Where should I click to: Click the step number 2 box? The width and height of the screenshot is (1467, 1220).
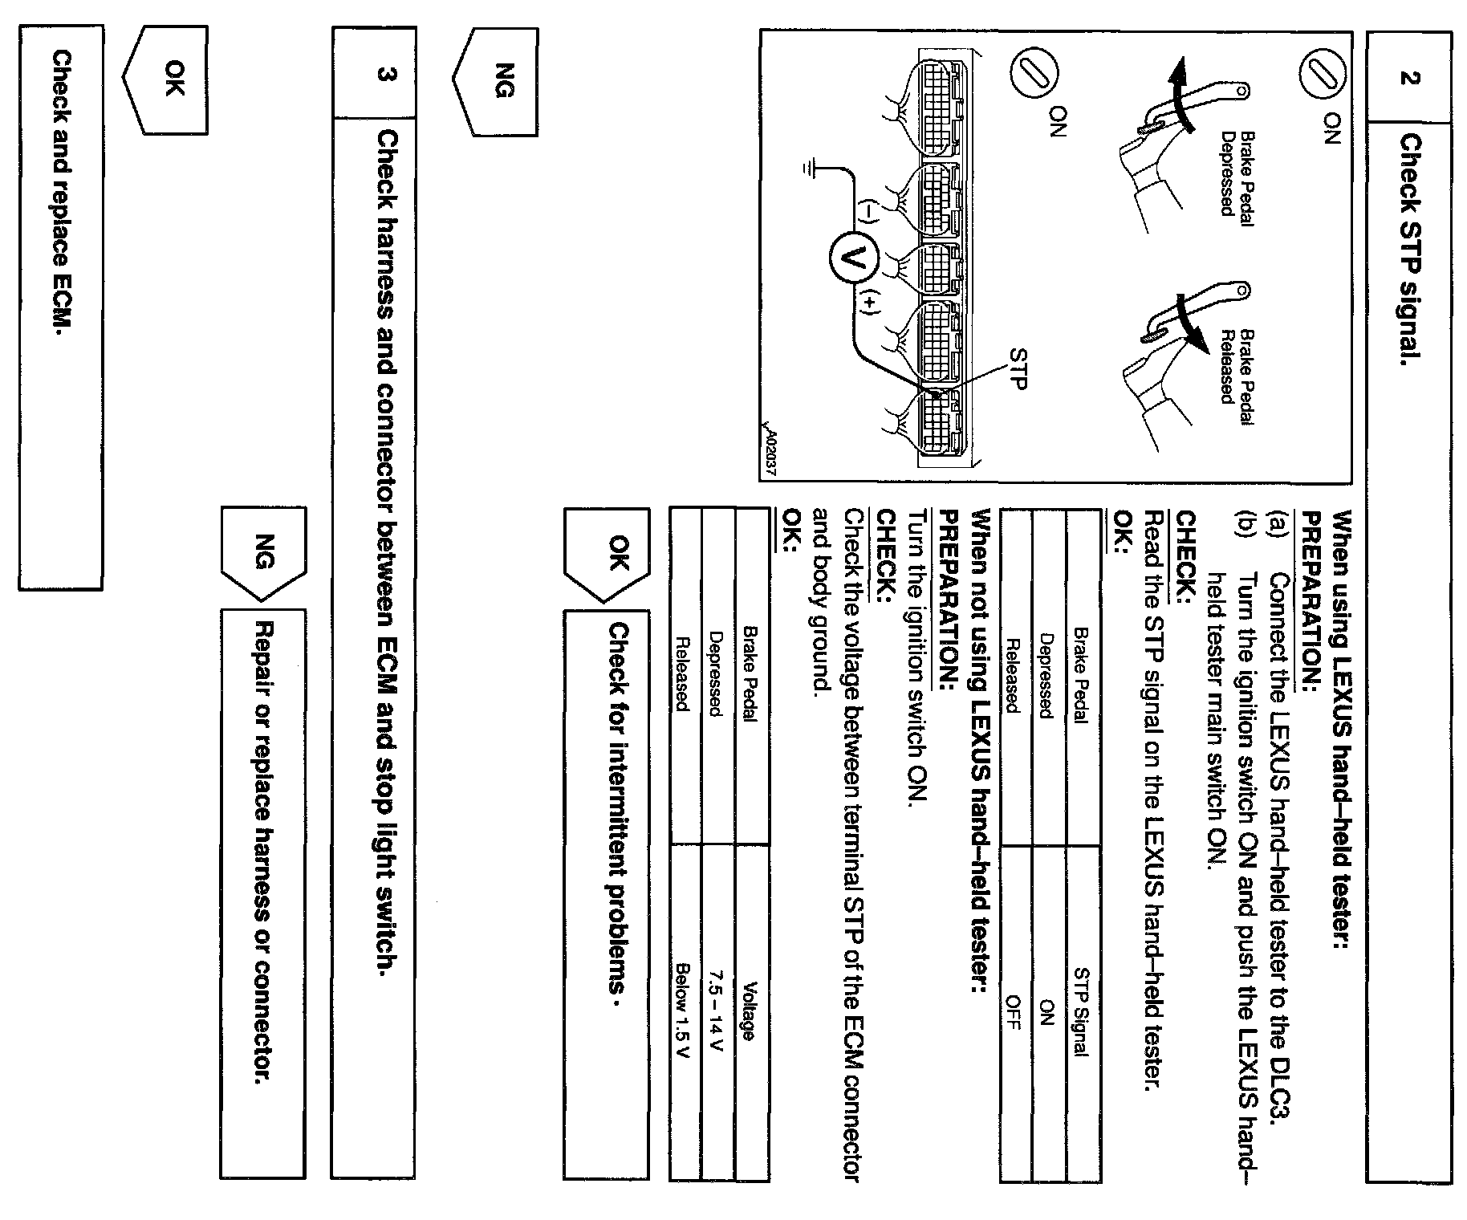(x=1408, y=77)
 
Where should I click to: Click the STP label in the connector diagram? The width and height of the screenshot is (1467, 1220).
(x=1018, y=368)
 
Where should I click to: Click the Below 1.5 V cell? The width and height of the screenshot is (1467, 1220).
(x=685, y=1010)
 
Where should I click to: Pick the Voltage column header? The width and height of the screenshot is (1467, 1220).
(x=751, y=1010)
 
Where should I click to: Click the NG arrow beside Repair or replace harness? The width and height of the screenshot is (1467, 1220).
(x=263, y=552)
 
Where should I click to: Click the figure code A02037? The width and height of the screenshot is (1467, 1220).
(x=772, y=453)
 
